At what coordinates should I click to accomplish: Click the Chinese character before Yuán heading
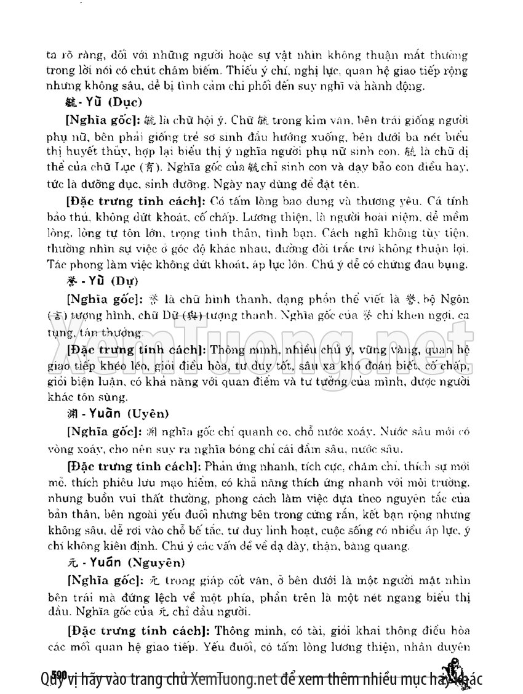coord(71,562)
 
